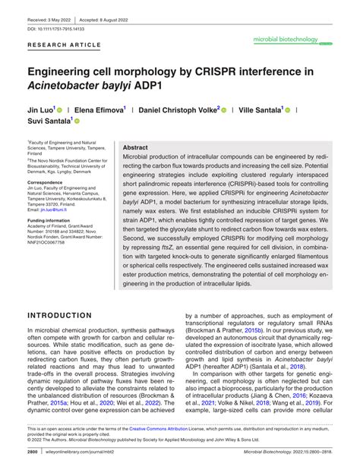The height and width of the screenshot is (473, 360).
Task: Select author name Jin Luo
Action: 46,110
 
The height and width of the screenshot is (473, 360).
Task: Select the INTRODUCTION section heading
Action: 71,314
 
